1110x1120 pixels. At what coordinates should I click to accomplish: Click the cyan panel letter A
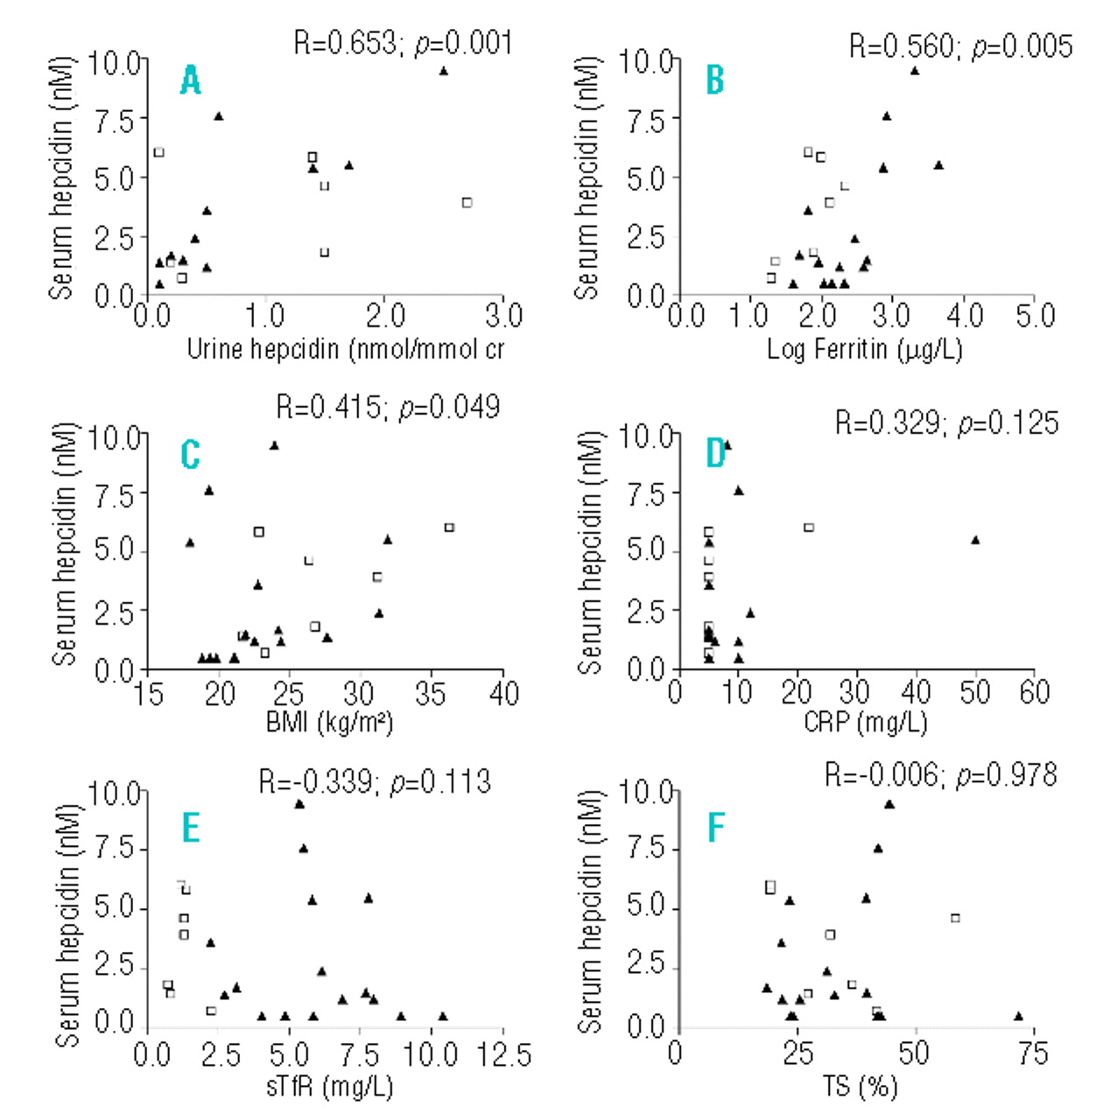point(190,80)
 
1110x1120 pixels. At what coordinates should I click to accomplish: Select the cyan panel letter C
point(190,455)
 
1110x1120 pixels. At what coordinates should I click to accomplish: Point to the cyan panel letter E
point(190,828)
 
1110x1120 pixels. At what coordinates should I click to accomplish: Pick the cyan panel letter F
point(715,828)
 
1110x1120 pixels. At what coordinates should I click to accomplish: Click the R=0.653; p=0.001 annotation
point(403,43)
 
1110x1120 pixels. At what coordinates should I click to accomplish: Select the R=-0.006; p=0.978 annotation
point(941,775)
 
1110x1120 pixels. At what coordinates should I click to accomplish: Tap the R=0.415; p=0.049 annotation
point(388,407)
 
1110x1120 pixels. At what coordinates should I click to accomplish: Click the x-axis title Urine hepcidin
point(346,349)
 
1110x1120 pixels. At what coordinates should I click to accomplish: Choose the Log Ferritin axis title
point(865,349)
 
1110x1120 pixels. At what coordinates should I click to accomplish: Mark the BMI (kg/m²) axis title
point(329,723)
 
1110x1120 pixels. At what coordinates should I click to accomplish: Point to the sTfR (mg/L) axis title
point(329,1087)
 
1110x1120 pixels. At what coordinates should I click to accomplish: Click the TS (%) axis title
point(860,1087)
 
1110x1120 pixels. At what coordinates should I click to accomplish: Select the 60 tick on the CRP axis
point(1034,692)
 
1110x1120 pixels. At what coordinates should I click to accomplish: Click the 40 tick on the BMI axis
point(503,694)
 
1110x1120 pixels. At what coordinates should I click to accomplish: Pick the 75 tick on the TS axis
point(1033,1053)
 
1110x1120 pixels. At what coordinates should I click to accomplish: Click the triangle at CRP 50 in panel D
point(975,540)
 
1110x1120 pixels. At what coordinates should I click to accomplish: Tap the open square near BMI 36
point(449,528)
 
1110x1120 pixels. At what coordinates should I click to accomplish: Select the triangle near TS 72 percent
point(1018,1016)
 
